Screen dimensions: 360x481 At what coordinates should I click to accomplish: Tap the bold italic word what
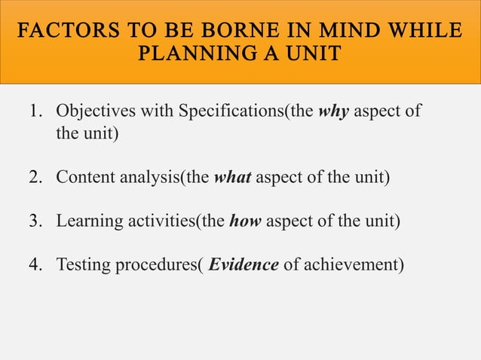[x=232, y=178]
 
